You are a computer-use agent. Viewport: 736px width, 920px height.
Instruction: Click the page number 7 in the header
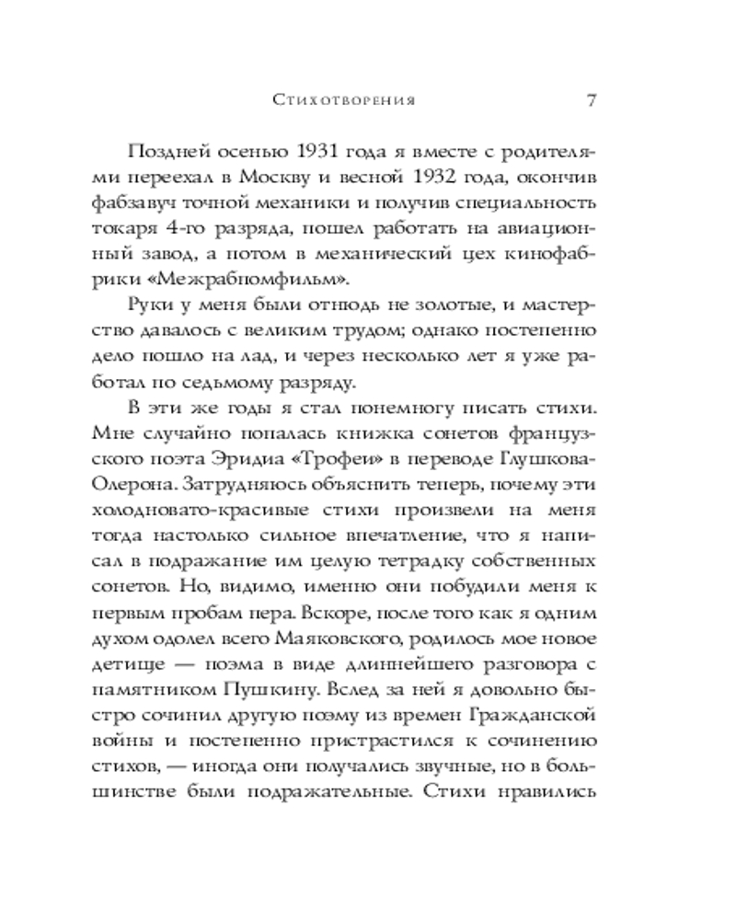(x=592, y=100)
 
